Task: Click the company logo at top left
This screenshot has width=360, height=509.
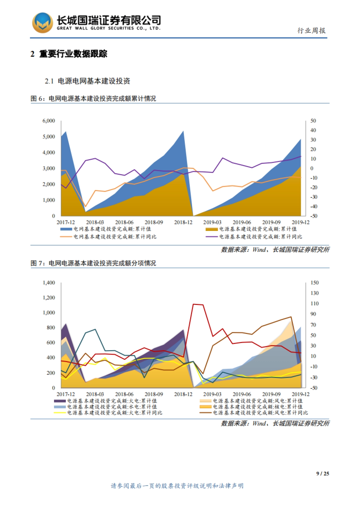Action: pyautogui.click(x=43, y=23)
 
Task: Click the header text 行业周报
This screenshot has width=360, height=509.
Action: pyautogui.click(x=311, y=31)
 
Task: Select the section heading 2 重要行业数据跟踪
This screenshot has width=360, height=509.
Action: pyautogui.click(x=69, y=54)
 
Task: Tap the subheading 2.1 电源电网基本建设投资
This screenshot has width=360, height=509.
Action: pyautogui.click(x=87, y=81)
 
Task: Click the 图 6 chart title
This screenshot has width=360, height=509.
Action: pyautogui.click(x=93, y=99)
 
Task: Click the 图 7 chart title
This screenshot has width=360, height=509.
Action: pyautogui.click(x=93, y=263)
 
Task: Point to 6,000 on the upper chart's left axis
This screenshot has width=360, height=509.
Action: pyautogui.click(x=49, y=121)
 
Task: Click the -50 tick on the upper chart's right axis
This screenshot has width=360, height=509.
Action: pyautogui.click(x=313, y=216)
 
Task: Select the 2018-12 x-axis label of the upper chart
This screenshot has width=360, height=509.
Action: pyautogui.click(x=183, y=222)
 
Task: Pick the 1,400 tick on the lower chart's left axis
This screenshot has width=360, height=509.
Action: pyautogui.click(x=49, y=283)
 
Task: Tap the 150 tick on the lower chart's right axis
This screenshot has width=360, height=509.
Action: pyautogui.click(x=314, y=283)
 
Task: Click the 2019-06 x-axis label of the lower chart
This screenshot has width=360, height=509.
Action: pyautogui.click(x=242, y=394)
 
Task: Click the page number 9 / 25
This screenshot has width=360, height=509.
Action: pyautogui.click(x=322, y=474)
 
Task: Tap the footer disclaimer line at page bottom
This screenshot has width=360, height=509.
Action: pyautogui.click(x=177, y=486)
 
